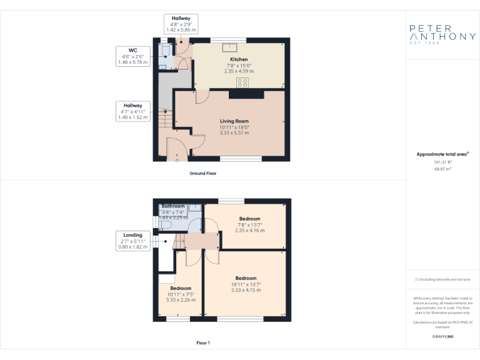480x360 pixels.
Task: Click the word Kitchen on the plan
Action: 239,59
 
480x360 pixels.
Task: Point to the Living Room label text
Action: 234,121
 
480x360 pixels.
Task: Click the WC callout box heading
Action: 133,51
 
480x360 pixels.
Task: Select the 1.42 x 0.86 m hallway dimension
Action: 181,30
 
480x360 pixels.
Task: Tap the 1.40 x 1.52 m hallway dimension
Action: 132,117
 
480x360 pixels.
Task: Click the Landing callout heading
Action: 132,235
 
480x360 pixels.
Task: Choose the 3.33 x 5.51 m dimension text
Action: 234,132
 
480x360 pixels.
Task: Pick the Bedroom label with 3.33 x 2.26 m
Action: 181,288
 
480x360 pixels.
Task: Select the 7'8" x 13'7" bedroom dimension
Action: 249,224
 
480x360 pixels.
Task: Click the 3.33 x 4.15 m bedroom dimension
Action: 246,289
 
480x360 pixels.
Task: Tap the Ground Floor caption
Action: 203,173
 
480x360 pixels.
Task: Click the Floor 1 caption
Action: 203,342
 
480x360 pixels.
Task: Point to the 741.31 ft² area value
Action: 442,162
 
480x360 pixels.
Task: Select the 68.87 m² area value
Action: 442,169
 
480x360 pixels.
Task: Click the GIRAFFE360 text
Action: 442,336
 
